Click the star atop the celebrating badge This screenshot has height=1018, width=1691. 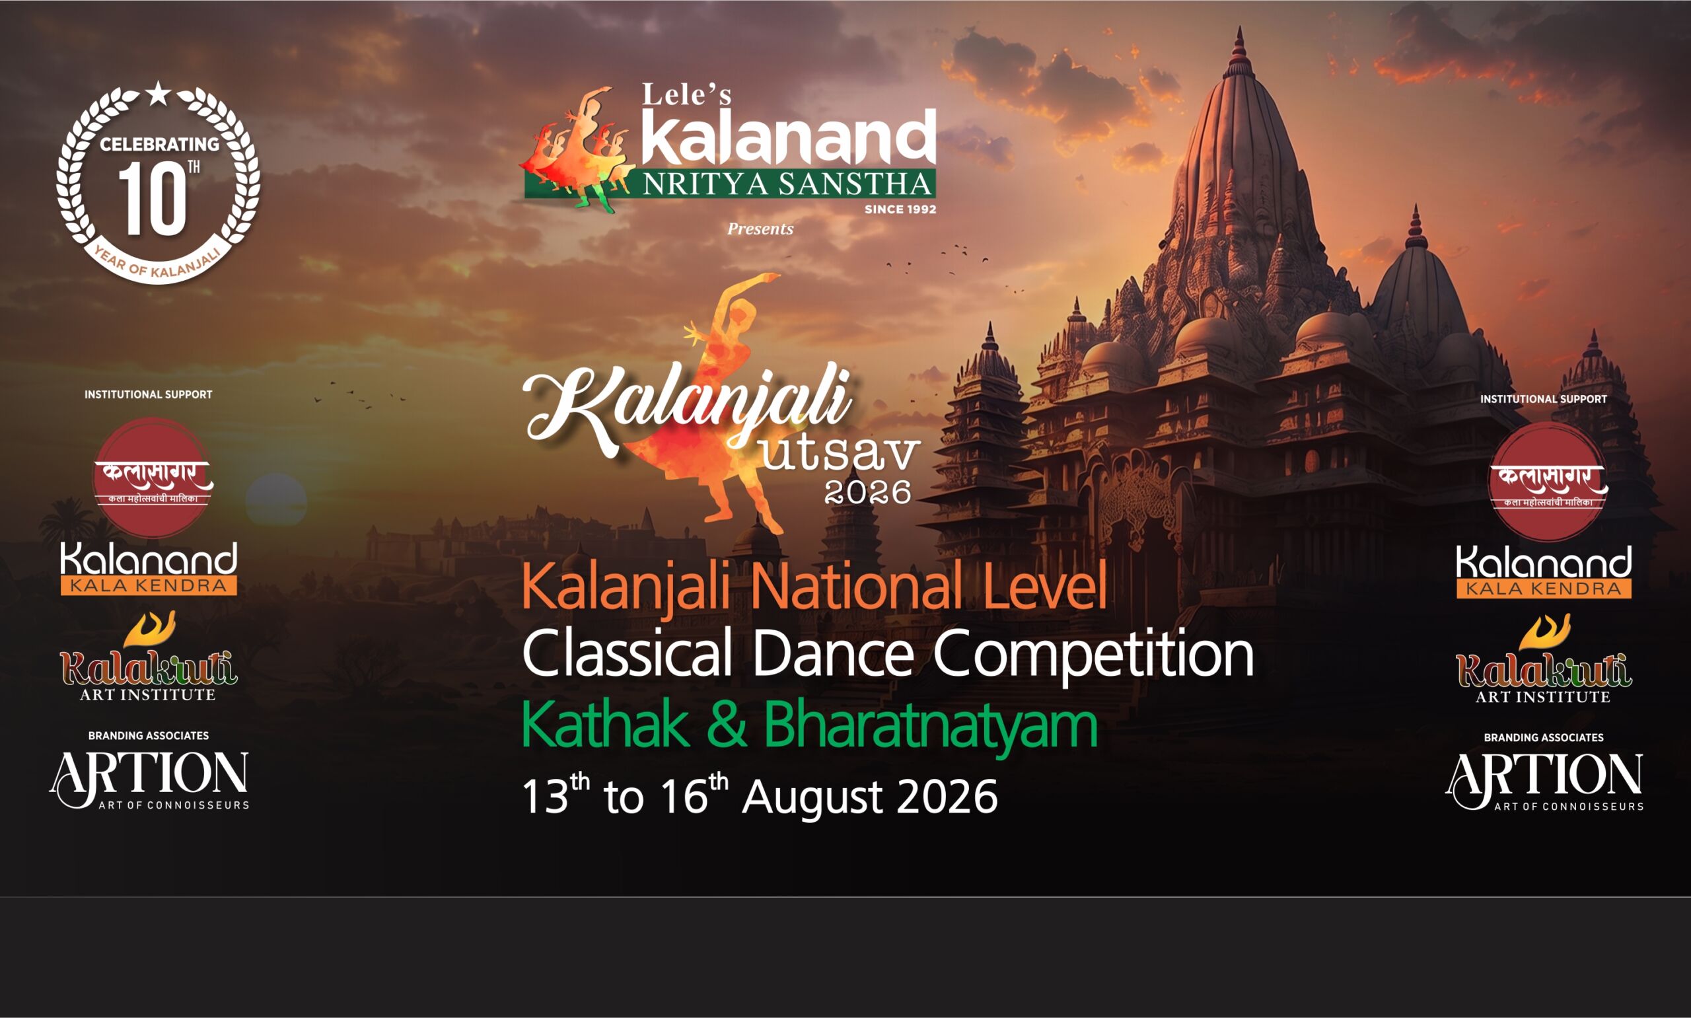159,93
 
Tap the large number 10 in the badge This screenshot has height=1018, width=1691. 152,199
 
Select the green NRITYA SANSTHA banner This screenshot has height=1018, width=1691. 730,183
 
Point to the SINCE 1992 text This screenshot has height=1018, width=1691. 900,209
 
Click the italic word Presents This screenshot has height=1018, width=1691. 760,229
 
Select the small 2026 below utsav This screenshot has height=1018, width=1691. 867,492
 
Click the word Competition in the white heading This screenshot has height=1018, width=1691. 1093,655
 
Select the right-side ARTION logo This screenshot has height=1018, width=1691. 1544,782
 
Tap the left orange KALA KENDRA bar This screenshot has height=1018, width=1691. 149,586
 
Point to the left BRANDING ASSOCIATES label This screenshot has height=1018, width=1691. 148,735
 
